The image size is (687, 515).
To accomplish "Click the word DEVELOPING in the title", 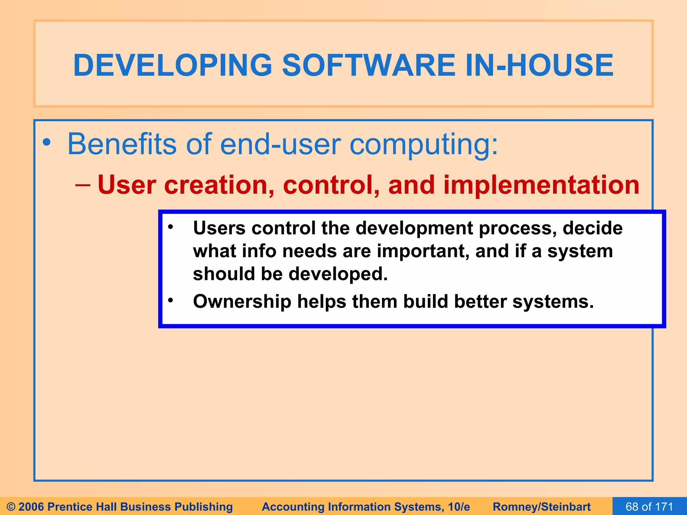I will [172, 65].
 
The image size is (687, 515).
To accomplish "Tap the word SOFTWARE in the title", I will [368, 65].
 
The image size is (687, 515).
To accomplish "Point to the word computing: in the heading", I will [424, 145].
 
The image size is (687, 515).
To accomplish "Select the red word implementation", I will [541, 185].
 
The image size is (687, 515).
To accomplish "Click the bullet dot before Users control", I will [170, 227].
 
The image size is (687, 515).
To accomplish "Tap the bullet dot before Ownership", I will [170, 300].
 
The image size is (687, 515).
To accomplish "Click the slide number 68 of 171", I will [649, 506].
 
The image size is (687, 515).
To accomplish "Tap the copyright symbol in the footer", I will [11, 507].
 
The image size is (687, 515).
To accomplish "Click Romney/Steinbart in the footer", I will [541, 507].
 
